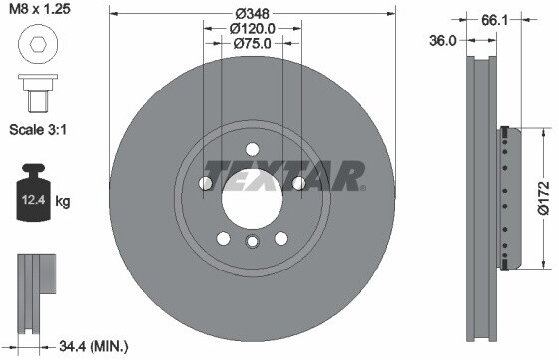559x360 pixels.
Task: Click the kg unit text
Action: tap(63, 202)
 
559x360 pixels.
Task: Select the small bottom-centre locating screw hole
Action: tap(253, 240)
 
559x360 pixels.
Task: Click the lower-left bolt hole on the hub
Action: tap(224, 238)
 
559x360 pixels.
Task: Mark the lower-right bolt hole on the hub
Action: tap(281, 238)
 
